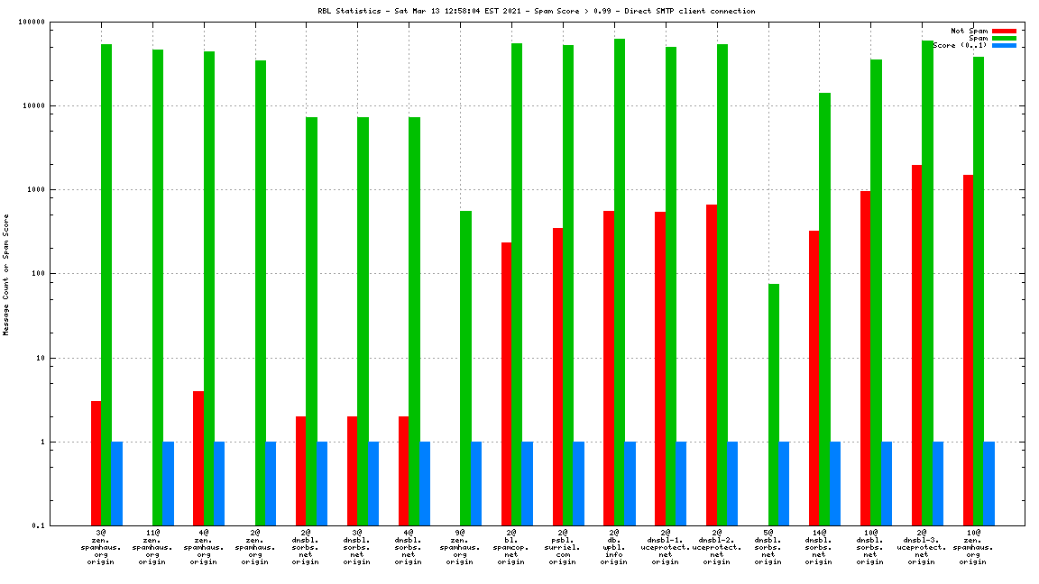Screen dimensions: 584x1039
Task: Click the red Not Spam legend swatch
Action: point(1004,31)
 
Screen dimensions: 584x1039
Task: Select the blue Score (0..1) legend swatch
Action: point(1004,45)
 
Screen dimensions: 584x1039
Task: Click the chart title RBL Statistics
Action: point(537,12)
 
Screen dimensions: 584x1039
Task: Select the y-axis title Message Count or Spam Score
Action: point(6,275)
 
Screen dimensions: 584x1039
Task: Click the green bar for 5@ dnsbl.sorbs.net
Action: point(774,405)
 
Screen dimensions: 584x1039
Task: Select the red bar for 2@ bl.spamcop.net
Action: point(507,384)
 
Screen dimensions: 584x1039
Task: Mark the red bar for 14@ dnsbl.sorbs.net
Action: point(814,379)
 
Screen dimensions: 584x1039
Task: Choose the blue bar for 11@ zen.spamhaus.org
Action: point(168,484)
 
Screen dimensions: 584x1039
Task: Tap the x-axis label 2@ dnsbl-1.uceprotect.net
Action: point(666,547)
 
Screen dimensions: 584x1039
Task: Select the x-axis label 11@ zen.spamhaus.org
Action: point(152,547)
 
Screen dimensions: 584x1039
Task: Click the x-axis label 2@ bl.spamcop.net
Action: point(511,547)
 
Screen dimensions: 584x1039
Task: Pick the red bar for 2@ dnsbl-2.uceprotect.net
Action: point(712,365)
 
